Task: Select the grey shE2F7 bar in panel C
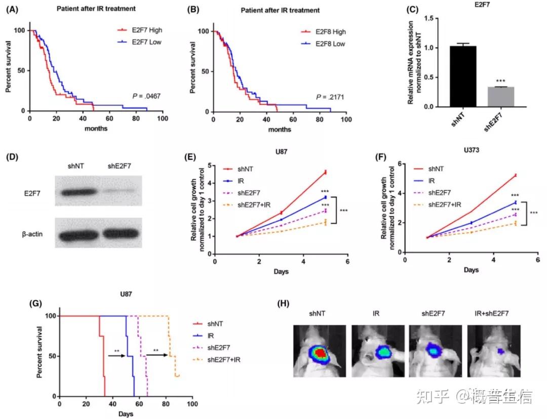[x=500, y=97]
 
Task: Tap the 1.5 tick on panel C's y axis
[x=430, y=18]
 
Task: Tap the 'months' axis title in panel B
[x=280, y=129]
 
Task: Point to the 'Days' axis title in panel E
[x=281, y=272]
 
